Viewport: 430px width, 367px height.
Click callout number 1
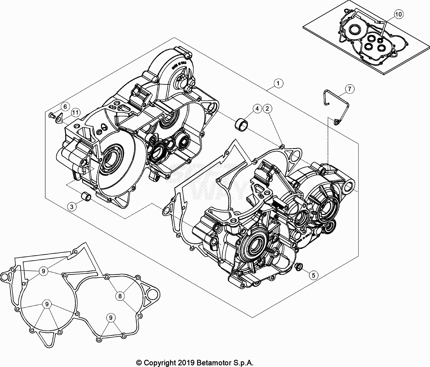(278, 84)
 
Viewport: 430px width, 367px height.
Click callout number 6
(65, 106)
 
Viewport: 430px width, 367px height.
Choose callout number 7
(349, 89)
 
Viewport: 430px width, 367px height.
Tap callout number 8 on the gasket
(120, 296)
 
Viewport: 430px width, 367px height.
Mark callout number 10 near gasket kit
(399, 14)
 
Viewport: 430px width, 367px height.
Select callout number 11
(75, 113)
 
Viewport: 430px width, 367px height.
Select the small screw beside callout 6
(51, 115)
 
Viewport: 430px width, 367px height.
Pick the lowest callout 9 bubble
(111, 318)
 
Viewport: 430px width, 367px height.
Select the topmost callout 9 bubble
(43, 271)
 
